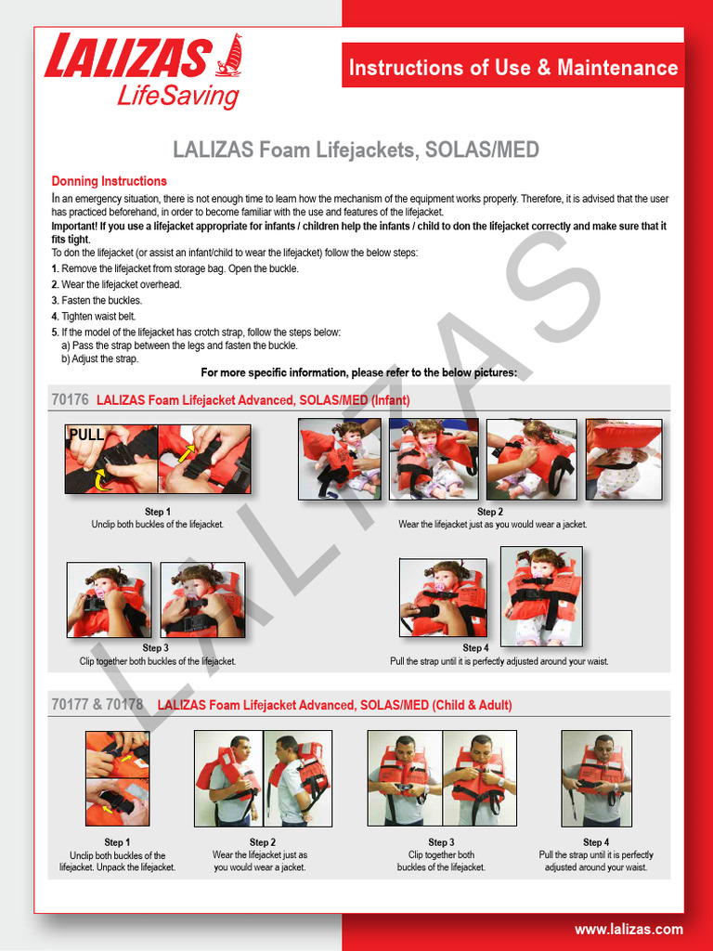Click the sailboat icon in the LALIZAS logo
(228, 56)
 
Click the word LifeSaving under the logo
(177, 97)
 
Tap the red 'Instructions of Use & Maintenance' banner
(512, 68)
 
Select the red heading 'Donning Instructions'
(109, 181)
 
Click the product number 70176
(71, 399)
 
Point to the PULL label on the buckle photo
(86, 434)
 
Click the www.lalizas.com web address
(628, 929)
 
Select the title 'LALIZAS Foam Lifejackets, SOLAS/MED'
(356, 150)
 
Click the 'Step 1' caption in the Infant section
(157, 512)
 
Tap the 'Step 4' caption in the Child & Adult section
(595, 842)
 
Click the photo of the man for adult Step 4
(596, 778)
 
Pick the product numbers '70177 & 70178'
(97, 705)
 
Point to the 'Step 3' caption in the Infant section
(155, 648)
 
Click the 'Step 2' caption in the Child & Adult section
(262, 842)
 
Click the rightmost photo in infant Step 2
(623, 459)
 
